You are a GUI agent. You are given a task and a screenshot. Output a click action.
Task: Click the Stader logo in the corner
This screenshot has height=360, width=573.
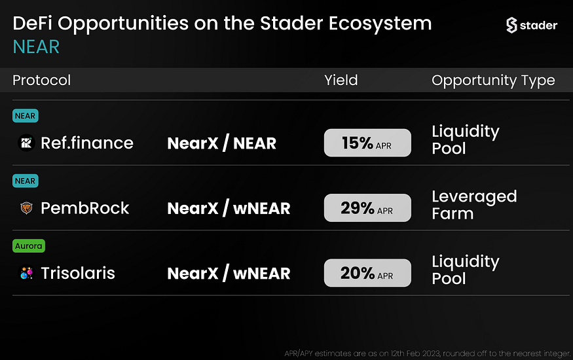coord(532,25)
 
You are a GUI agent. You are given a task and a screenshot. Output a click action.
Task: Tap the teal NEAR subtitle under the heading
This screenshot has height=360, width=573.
coord(36,46)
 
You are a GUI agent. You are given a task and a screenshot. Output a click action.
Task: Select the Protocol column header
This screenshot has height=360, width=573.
coord(42,80)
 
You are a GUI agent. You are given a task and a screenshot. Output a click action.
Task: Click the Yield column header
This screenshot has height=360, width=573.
coord(341,80)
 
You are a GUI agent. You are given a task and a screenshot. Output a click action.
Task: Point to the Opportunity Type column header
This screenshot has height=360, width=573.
coord(493,81)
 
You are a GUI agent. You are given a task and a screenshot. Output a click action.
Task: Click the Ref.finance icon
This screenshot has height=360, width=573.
coord(26,143)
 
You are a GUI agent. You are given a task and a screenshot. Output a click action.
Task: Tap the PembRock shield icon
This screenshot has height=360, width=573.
coord(26,207)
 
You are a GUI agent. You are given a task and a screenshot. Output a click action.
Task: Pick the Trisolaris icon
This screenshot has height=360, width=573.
coord(26,273)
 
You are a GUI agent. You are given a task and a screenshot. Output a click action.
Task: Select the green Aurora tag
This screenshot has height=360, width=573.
coord(29,245)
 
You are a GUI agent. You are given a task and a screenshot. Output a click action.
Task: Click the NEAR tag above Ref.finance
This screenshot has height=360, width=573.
coord(26,116)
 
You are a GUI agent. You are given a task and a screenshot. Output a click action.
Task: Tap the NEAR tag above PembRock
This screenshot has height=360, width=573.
coord(26,181)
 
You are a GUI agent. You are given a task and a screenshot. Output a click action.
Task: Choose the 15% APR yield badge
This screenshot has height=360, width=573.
coord(367,143)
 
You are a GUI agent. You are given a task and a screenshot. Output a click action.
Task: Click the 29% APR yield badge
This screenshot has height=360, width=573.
coord(367,207)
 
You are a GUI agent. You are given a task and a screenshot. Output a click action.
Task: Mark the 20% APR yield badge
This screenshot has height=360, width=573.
coord(367,273)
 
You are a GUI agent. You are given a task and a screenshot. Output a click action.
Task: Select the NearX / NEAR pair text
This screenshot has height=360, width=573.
coord(222,143)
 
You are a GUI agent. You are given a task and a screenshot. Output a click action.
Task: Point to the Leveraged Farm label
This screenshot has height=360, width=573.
coord(474,205)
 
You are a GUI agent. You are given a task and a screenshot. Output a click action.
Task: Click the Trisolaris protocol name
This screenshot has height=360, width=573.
coord(78,273)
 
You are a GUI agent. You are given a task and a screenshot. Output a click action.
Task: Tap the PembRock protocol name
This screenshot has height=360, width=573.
coord(84,208)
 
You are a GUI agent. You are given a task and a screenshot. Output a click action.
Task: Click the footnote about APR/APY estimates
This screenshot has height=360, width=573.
coord(427,353)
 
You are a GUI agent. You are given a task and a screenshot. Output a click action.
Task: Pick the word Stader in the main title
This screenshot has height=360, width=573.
coord(291,24)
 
